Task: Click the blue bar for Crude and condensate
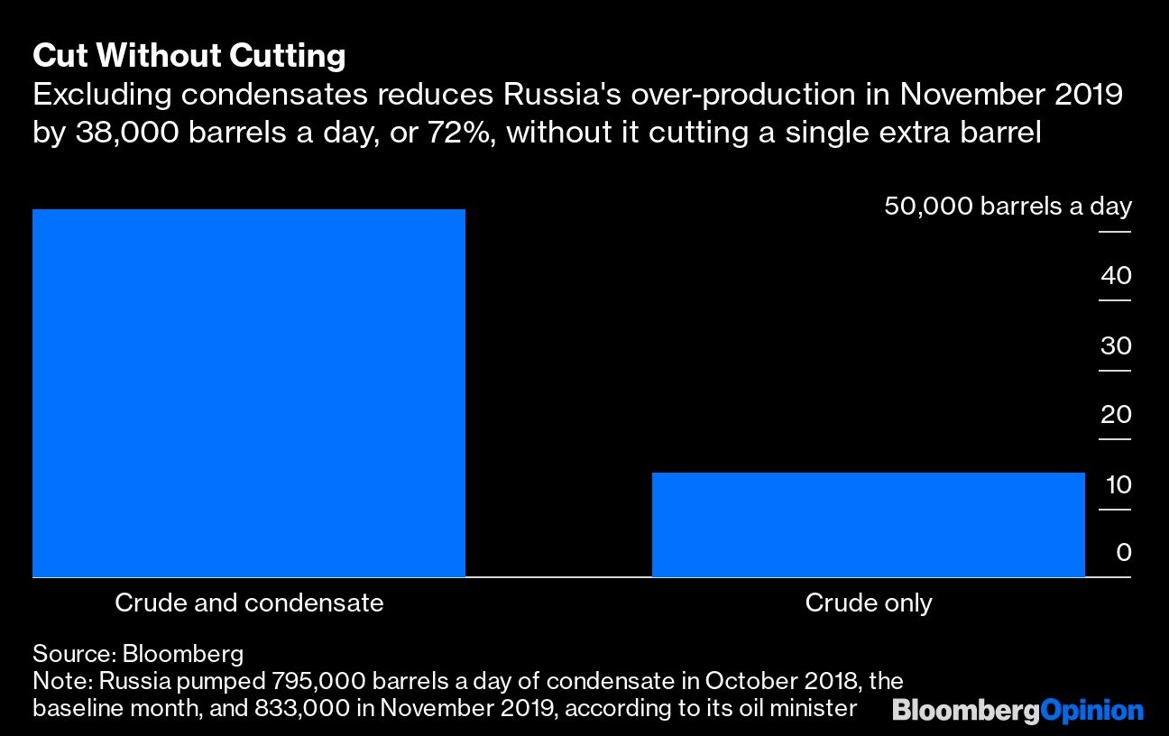tap(249, 392)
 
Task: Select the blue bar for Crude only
tap(868, 524)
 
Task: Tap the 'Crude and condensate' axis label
tap(249, 603)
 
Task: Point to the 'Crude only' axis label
tap(868, 603)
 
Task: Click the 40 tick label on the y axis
tap(1116, 276)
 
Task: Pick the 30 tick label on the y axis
tap(1116, 345)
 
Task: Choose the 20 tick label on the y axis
tap(1116, 415)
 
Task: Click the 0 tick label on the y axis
tap(1123, 552)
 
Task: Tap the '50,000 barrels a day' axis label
tap(1008, 207)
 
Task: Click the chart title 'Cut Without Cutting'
tap(189, 57)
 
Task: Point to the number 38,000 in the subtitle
tap(121, 133)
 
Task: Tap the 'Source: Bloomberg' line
tap(138, 653)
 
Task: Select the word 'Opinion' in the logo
tap(1092, 711)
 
